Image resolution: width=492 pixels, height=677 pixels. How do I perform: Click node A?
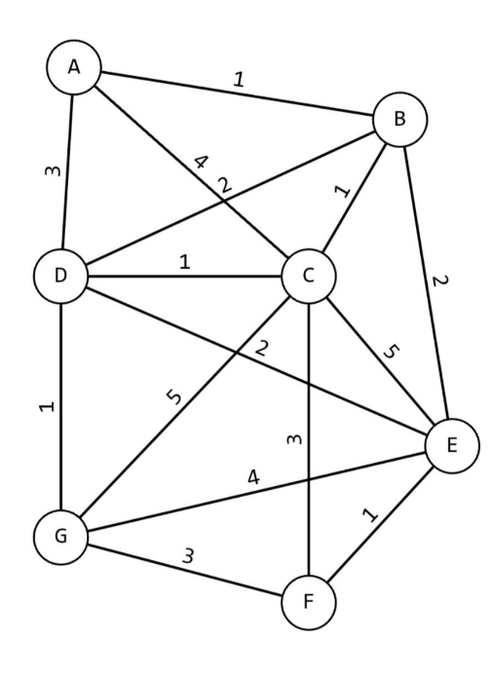pyautogui.click(x=74, y=67)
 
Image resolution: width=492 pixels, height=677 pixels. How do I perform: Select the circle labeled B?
pyautogui.click(x=400, y=119)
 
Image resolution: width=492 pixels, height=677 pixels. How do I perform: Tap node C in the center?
pyautogui.click(x=308, y=276)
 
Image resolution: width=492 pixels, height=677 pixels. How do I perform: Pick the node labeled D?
pyautogui.click(x=61, y=276)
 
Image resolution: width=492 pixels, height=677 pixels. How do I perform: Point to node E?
pyautogui.click(x=452, y=445)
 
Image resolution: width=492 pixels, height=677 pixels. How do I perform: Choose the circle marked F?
pyautogui.click(x=308, y=601)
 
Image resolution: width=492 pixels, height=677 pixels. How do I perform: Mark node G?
pyautogui.click(x=61, y=537)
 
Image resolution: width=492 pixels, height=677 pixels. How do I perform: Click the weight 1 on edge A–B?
pyautogui.click(x=239, y=80)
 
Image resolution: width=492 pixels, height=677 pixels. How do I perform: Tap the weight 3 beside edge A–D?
pyautogui.click(x=54, y=171)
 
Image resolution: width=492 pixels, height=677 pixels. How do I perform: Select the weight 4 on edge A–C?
pyautogui.click(x=202, y=162)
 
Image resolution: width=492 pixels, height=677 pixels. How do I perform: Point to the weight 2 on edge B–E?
pyautogui.click(x=440, y=281)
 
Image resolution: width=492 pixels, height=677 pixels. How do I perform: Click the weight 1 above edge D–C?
pyautogui.click(x=184, y=262)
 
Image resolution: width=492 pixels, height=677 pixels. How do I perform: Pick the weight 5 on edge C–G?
pyautogui.click(x=175, y=396)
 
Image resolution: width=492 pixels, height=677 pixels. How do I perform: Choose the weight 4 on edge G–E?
pyautogui.click(x=254, y=477)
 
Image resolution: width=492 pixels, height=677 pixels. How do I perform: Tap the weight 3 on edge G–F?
pyautogui.click(x=188, y=555)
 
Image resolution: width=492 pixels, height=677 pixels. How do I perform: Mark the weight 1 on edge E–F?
pyautogui.click(x=370, y=514)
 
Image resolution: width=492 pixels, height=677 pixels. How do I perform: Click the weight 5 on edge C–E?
pyautogui.click(x=391, y=352)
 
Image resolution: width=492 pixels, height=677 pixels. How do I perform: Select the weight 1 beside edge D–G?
pyautogui.click(x=47, y=406)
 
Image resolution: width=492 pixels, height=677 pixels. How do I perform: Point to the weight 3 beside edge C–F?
pyautogui.click(x=294, y=439)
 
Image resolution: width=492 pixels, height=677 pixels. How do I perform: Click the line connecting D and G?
pyautogui.click(x=61, y=406)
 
